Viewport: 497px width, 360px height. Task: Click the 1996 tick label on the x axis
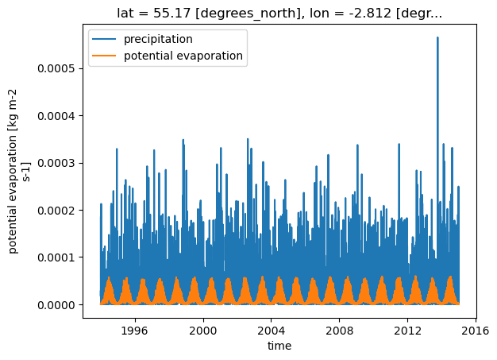click(135, 331)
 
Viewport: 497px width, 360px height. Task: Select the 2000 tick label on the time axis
click(203, 331)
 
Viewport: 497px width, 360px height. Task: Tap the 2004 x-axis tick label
click(271, 331)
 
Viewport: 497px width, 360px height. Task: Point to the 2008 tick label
click(339, 331)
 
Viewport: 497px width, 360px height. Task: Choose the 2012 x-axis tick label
click(407, 331)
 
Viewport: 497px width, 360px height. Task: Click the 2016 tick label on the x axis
click(476, 331)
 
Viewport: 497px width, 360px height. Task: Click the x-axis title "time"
click(279, 346)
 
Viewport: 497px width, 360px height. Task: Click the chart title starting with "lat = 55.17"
click(279, 14)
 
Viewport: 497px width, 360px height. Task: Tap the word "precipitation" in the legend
click(158, 39)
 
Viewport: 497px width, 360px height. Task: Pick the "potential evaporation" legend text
click(183, 56)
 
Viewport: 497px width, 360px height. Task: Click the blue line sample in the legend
click(104, 39)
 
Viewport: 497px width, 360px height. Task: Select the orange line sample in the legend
click(104, 56)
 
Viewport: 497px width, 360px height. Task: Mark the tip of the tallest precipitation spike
click(437, 37)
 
